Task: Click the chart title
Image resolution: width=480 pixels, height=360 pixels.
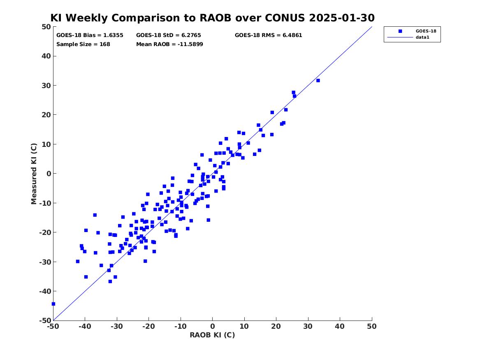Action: point(213,18)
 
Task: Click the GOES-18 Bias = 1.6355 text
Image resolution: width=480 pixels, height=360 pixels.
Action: point(90,35)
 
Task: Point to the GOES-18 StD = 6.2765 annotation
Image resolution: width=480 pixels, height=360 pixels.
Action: point(169,35)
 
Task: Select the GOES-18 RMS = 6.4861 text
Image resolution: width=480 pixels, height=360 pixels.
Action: point(269,35)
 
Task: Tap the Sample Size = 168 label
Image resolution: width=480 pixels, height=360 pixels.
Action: point(83,44)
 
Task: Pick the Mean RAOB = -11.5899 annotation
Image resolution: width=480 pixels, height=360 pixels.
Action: point(169,44)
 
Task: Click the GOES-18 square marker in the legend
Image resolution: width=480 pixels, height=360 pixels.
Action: point(400,31)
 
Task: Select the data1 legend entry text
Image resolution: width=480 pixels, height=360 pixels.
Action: point(422,37)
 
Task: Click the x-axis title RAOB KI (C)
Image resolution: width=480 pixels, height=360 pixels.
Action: point(213,335)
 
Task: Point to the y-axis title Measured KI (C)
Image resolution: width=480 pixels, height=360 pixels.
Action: point(34,174)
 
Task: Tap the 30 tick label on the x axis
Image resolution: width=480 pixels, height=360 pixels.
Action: point(308,326)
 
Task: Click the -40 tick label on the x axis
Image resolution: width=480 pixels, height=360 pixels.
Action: point(85,326)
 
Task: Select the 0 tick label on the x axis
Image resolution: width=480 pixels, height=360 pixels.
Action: point(213,326)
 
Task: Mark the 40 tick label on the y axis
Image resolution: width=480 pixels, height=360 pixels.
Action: point(46,56)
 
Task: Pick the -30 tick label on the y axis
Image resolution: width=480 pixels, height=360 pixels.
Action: point(45,262)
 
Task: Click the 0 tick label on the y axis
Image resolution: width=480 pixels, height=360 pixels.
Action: point(49,174)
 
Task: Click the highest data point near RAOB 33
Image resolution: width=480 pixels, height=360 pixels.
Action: point(318,81)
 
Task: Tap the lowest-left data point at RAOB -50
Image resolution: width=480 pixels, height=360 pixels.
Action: point(53,304)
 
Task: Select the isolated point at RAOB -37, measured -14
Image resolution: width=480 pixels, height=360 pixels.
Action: point(95,215)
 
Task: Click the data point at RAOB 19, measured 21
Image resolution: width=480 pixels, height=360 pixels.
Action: point(272,112)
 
